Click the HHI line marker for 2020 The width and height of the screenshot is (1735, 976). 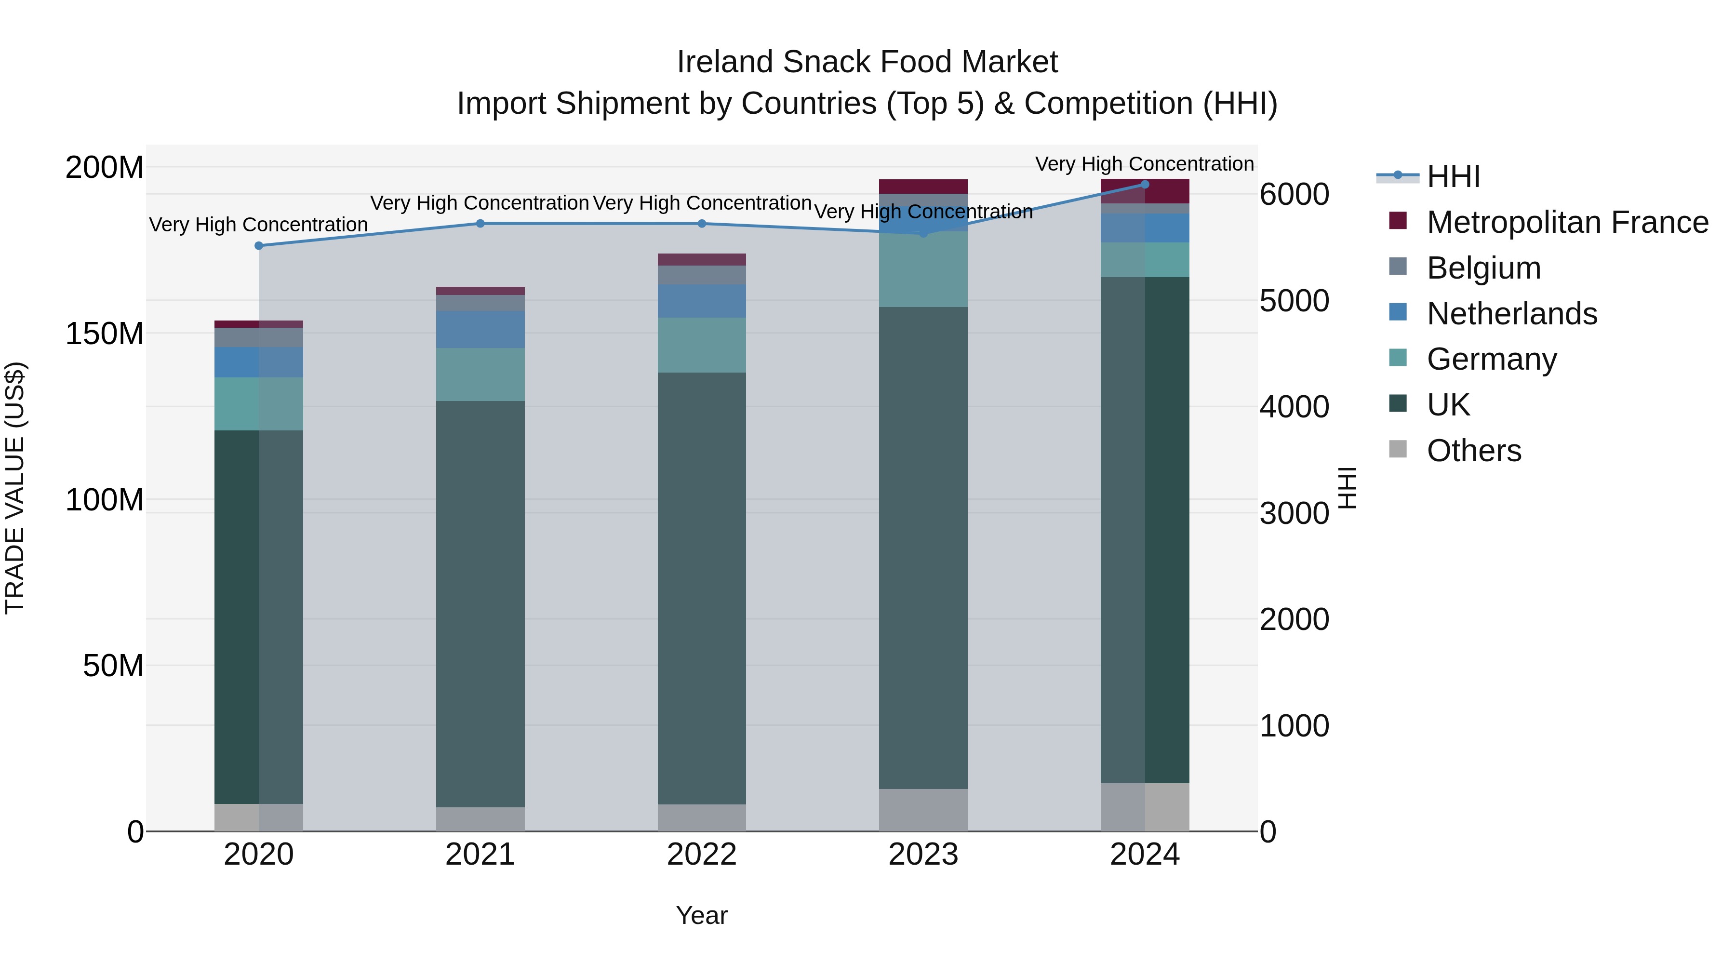point(259,246)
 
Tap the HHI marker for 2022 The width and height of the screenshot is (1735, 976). point(702,224)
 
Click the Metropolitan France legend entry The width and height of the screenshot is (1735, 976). point(1567,222)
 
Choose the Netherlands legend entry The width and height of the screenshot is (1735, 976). point(1511,314)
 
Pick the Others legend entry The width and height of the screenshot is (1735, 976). point(1474,451)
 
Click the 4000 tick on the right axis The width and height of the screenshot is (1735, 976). point(1294,407)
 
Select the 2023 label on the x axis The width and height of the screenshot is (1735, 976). point(923,855)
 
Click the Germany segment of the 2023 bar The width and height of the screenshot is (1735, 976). point(923,269)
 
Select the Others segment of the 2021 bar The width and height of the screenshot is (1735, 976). point(480,819)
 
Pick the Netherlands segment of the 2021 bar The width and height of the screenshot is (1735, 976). point(480,329)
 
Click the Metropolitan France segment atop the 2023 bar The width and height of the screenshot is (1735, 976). point(923,186)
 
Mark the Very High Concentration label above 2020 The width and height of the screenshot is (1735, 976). point(259,224)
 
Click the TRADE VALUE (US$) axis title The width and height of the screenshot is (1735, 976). point(15,488)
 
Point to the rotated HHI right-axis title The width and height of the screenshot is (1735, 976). point(1347,488)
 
